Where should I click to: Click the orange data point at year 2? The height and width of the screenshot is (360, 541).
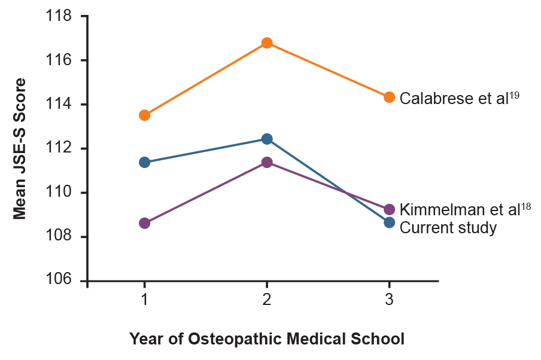[x=267, y=43]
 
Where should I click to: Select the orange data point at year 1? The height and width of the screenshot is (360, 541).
[x=144, y=115]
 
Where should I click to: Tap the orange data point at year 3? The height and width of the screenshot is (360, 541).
[x=389, y=97]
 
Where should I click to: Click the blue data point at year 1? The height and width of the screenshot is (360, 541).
[x=144, y=162]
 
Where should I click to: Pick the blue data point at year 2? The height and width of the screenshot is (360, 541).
[x=267, y=139]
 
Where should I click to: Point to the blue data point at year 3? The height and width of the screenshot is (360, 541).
[x=389, y=222]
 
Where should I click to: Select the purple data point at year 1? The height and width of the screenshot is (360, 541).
[x=144, y=223]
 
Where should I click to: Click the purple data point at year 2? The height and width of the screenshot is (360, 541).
[x=267, y=162]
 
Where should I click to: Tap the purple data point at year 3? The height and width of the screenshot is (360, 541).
[x=389, y=209]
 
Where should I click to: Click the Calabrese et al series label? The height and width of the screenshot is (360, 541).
[x=458, y=97]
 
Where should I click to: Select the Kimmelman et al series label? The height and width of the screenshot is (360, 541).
[x=465, y=209]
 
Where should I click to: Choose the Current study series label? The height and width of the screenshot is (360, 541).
[x=448, y=228]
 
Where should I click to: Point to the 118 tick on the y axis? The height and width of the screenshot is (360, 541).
[x=59, y=17]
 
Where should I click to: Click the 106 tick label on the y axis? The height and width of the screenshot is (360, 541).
[x=59, y=280]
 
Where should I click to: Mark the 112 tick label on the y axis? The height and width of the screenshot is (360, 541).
[x=59, y=148]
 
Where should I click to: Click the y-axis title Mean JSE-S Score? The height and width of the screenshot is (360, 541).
[x=20, y=148]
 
